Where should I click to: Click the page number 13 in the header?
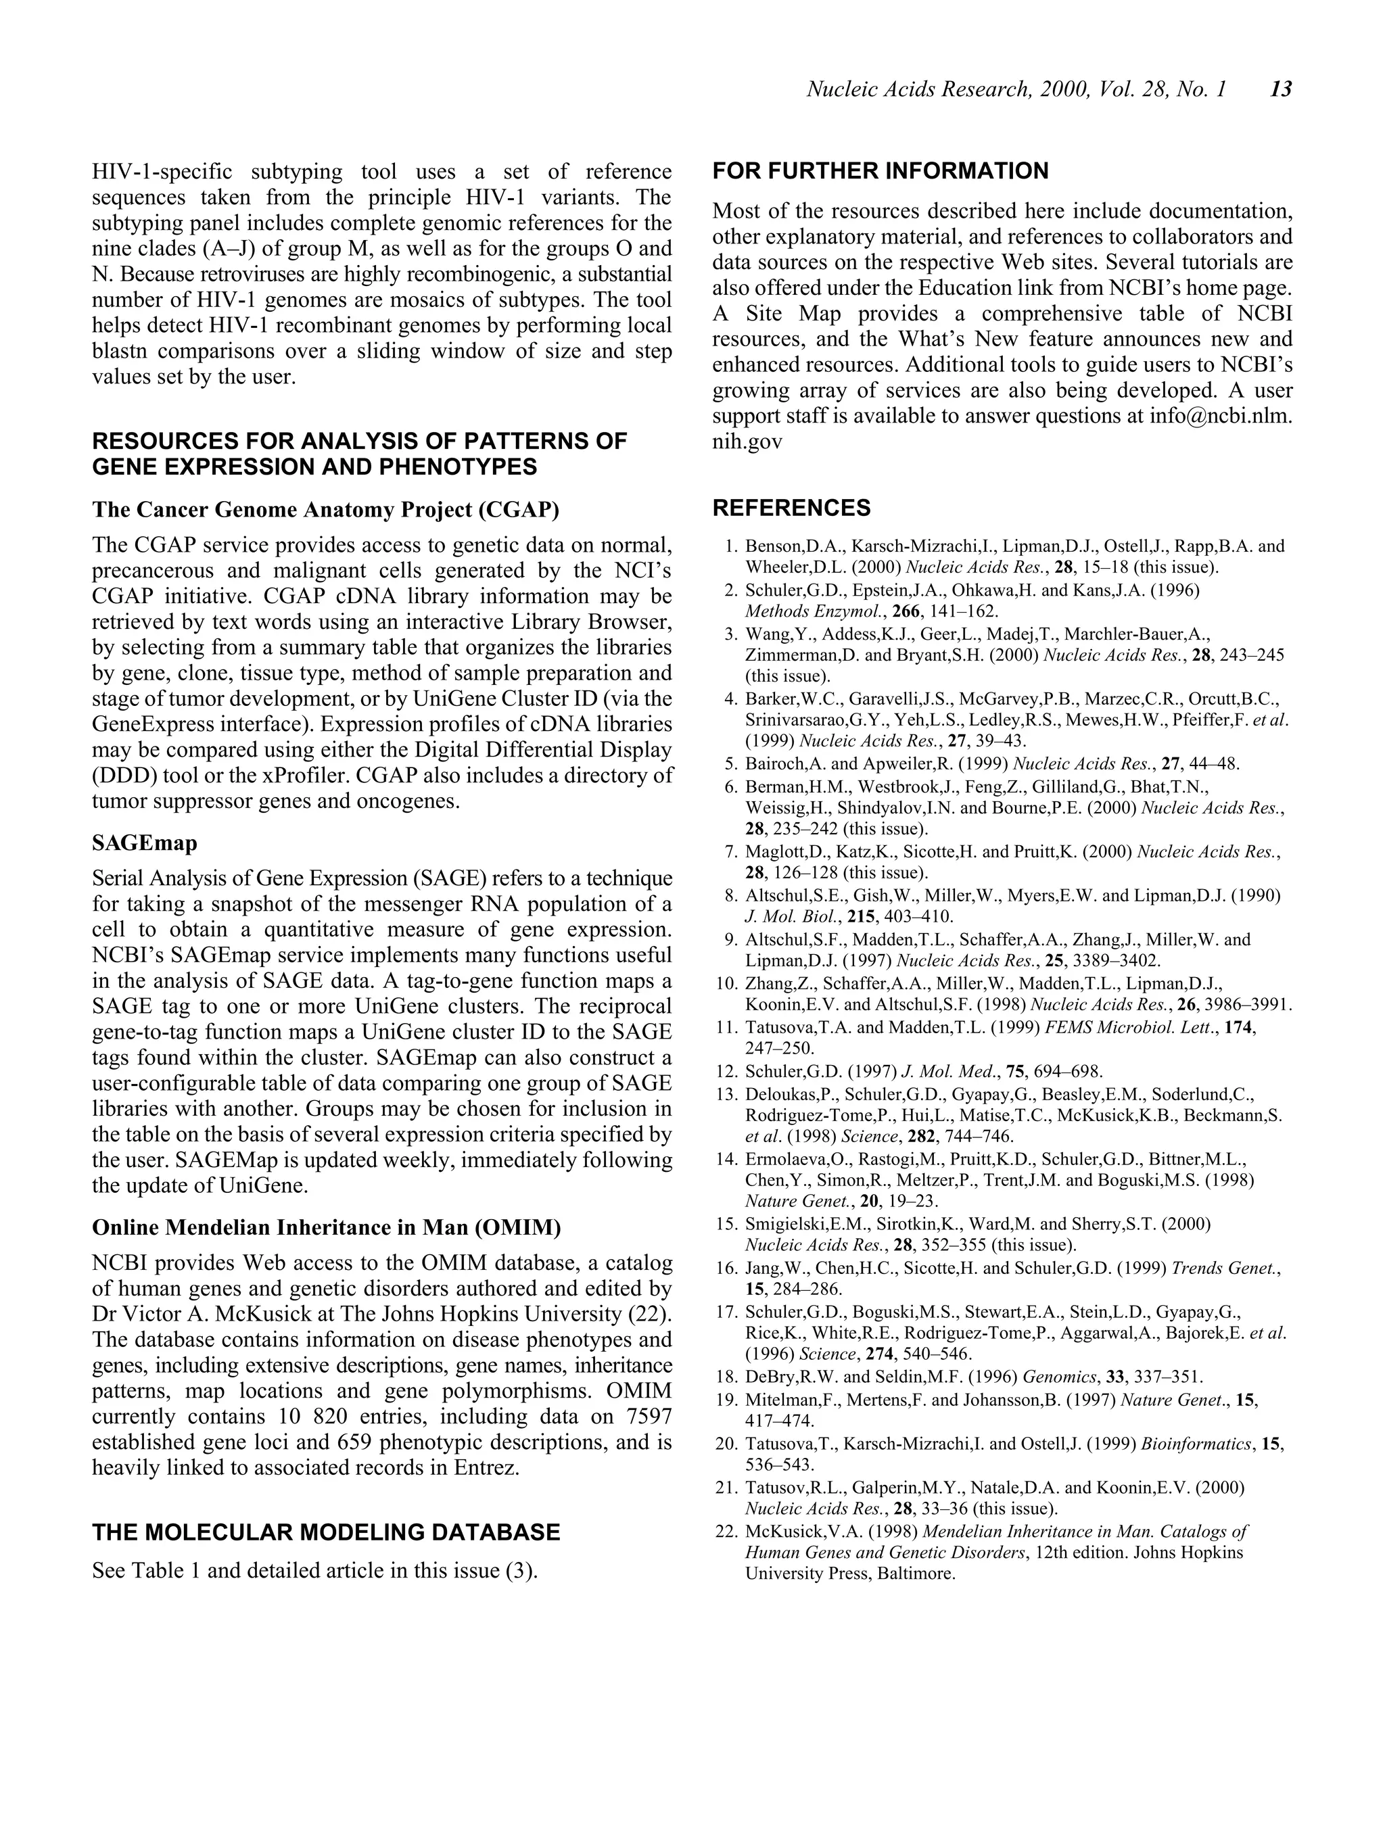pyautogui.click(x=1281, y=89)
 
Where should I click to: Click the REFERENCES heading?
pyautogui.click(x=791, y=508)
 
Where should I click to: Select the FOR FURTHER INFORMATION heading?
pyautogui.click(x=880, y=171)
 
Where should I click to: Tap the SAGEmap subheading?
pyautogui.click(x=145, y=844)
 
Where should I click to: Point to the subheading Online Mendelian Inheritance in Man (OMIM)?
pyautogui.click(x=327, y=1227)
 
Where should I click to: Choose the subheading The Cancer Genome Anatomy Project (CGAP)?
pyautogui.click(x=325, y=509)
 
